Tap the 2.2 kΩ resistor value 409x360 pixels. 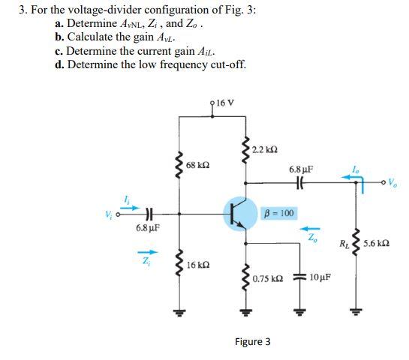click(x=264, y=150)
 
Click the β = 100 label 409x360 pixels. click(x=278, y=214)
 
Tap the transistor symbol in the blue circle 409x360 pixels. click(x=240, y=214)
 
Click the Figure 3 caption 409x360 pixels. click(x=253, y=342)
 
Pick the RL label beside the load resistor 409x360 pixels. click(x=343, y=243)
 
